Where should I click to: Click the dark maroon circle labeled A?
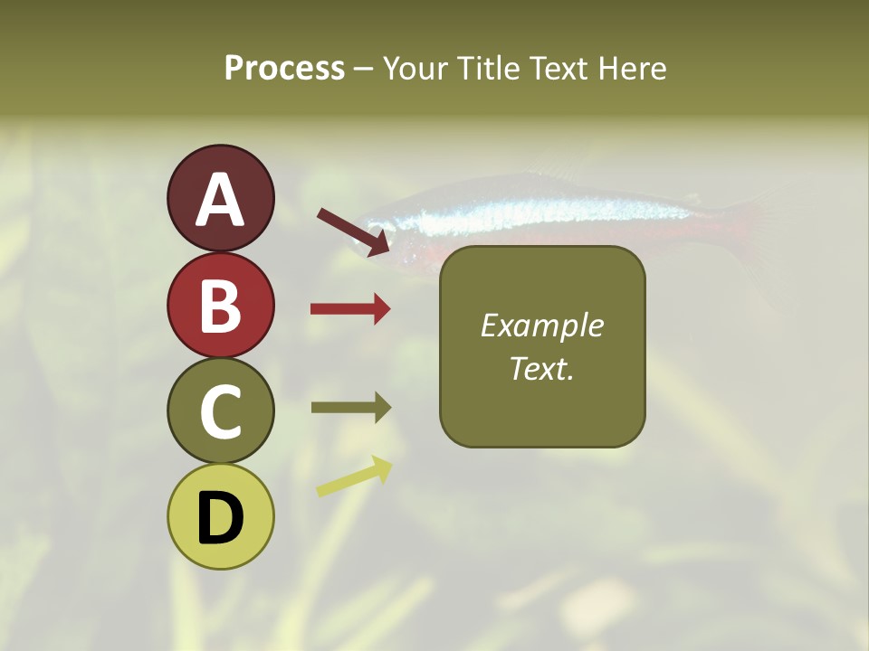coord(221,199)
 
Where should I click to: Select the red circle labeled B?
coord(221,306)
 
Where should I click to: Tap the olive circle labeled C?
coord(221,411)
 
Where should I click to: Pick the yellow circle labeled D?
coord(221,517)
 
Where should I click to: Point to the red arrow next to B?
coord(350,309)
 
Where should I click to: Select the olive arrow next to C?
coord(350,408)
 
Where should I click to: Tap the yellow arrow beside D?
coord(354,476)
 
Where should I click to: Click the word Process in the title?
coord(284,68)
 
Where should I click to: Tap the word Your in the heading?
coord(415,68)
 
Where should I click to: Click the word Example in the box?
coord(541,325)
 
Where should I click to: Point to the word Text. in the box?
coord(541,368)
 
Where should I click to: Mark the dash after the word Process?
coord(364,69)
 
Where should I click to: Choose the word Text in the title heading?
coord(557,68)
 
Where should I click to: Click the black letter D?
coord(221,519)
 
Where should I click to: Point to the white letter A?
coord(221,201)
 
